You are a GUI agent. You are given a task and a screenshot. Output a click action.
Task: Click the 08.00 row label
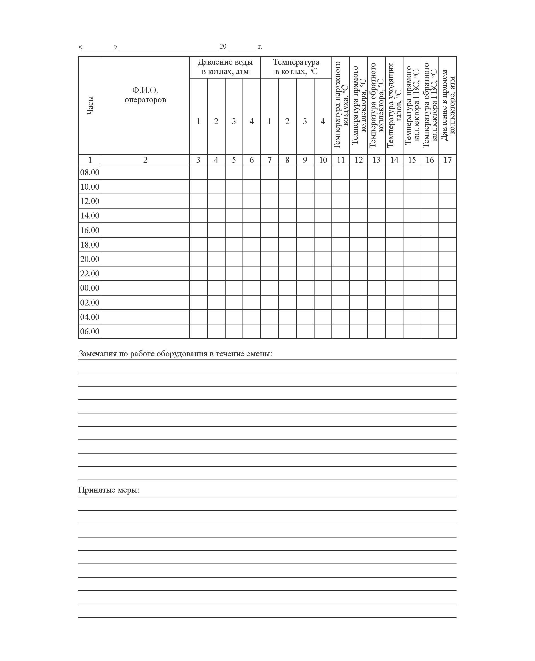tap(90, 172)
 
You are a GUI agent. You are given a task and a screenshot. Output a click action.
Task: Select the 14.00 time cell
tap(90, 216)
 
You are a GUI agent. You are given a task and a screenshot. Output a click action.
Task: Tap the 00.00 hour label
tap(90, 288)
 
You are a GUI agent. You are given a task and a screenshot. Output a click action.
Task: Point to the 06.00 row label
tap(90, 331)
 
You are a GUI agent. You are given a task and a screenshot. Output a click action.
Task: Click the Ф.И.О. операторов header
tap(145, 95)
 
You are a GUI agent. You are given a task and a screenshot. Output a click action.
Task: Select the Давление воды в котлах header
tap(225, 67)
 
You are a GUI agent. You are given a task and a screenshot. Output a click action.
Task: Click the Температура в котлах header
tap(296, 67)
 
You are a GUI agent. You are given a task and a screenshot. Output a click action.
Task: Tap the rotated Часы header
tap(90, 105)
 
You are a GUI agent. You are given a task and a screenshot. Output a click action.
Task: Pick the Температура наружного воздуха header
tap(340, 105)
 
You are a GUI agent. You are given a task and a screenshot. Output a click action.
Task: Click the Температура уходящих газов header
tap(394, 105)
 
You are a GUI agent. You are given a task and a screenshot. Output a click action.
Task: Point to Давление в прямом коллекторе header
tap(447, 105)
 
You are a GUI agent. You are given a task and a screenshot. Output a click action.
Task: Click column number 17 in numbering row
tap(447, 160)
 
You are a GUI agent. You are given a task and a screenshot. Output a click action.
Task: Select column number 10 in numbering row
tap(323, 160)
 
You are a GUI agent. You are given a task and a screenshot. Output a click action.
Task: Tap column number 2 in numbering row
tap(145, 160)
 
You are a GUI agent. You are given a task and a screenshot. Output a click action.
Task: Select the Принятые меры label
tap(108, 490)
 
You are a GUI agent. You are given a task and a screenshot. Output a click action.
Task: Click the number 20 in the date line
tap(223, 47)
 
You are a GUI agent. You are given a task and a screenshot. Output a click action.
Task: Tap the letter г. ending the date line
tap(260, 47)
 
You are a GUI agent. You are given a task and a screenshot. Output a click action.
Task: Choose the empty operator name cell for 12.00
tap(145, 201)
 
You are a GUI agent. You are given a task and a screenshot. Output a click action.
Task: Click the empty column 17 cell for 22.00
tap(447, 274)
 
